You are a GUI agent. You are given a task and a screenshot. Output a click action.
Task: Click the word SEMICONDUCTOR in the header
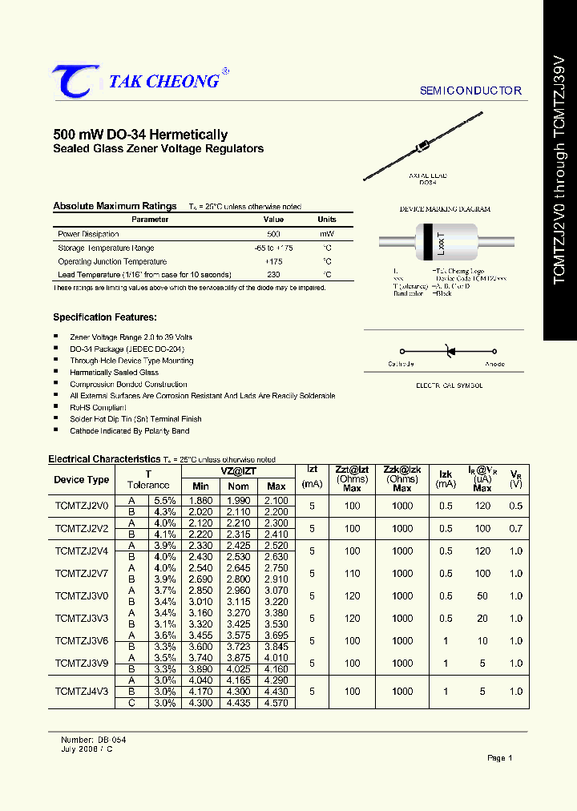pos(470,91)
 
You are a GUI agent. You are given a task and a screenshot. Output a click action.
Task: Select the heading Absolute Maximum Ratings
pos(115,207)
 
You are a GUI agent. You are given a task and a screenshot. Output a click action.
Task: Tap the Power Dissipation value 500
pos(273,234)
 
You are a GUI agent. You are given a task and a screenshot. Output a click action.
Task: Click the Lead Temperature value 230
pos(273,275)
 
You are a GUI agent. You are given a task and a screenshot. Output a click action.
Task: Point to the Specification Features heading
pos(105,317)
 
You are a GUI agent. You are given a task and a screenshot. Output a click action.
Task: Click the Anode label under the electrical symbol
pos(494,365)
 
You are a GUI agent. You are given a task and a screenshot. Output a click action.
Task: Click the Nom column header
pos(237,486)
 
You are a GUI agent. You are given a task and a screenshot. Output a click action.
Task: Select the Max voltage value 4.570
pos(276,703)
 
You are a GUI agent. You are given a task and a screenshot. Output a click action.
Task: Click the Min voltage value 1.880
pos(201,500)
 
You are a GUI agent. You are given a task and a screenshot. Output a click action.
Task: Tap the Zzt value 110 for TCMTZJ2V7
pos(352,573)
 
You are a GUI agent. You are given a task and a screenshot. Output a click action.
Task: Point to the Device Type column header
pos(82,480)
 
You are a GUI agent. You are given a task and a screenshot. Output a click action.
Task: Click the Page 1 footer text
pos(499,757)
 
